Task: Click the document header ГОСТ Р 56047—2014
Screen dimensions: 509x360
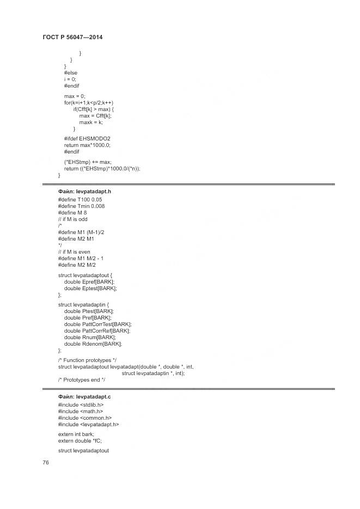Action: click(x=72, y=37)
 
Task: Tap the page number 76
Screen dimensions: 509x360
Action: click(x=46, y=462)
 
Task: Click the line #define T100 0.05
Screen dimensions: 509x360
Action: click(x=80, y=199)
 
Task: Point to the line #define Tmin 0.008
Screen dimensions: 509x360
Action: click(x=81, y=206)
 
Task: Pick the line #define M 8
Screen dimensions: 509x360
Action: click(x=72, y=212)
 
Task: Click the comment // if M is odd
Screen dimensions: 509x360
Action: click(x=72, y=219)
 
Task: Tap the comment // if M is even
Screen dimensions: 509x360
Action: click(x=74, y=252)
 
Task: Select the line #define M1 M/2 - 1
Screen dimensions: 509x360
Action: click(x=81, y=258)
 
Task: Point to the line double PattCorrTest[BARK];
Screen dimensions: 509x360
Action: click(x=97, y=324)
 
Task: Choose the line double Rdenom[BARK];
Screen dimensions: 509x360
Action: click(x=93, y=344)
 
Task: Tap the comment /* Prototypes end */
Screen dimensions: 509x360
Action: click(x=81, y=379)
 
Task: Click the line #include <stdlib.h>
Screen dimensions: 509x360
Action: click(x=81, y=405)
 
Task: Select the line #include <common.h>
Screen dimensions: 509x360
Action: click(x=84, y=418)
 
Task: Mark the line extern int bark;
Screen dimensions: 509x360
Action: click(x=76, y=434)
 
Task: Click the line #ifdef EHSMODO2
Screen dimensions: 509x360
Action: click(x=87, y=138)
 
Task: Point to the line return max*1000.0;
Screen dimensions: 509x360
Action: click(x=87, y=145)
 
